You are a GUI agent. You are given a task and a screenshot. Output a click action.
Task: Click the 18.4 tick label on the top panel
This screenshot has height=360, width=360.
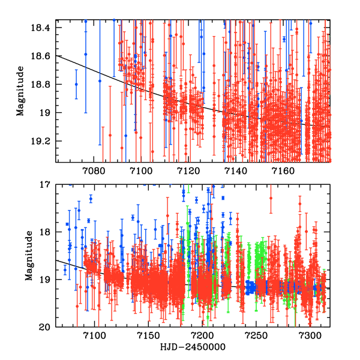(42, 28)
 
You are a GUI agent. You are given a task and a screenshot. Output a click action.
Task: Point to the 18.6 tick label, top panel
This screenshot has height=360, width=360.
(42, 56)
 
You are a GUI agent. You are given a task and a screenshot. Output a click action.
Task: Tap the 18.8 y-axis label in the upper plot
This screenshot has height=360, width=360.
(42, 85)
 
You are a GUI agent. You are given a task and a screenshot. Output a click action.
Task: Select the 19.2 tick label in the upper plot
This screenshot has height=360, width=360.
(42, 141)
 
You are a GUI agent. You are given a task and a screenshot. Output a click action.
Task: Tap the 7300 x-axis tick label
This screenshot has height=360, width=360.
(310, 337)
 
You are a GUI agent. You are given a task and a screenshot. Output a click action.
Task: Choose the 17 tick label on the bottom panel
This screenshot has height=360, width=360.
(46, 185)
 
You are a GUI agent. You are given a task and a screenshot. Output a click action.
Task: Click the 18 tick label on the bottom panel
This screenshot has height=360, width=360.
(46, 232)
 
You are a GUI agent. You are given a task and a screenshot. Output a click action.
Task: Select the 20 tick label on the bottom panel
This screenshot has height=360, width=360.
(46, 327)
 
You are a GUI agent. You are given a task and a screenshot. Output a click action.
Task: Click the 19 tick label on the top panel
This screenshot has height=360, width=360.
(46, 113)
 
